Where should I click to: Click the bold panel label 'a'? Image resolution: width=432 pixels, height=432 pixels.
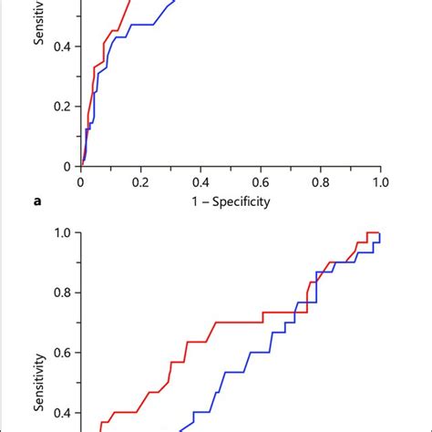click(37, 202)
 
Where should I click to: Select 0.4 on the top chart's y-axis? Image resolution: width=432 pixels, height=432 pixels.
click(59, 46)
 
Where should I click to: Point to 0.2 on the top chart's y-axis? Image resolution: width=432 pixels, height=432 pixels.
click(59, 107)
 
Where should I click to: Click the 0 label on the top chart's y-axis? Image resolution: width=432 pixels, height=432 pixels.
click(66, 166)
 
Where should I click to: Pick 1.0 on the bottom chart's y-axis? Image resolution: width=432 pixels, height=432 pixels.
click(59, 233)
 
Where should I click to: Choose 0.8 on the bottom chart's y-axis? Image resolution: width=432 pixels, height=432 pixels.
click(59, 293)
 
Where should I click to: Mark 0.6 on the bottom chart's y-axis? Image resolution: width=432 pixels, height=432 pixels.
click(59, 353)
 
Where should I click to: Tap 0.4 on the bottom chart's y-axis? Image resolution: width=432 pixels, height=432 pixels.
click(59, 412)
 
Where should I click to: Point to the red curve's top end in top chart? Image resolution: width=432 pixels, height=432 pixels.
click(130, 3)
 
